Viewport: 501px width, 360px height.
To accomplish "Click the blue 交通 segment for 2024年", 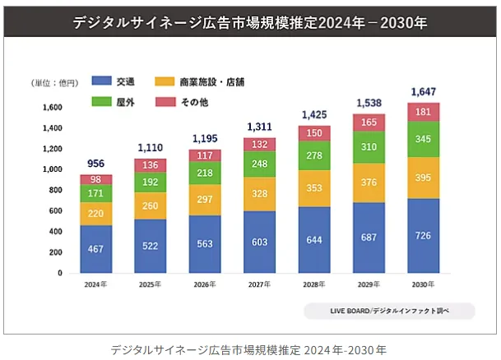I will tap(96, 249).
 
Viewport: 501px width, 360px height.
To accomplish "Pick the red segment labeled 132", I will tap(260, 145).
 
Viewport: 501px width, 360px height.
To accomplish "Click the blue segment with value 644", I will tap(314, 239).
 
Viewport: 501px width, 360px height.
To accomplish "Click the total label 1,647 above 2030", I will tap(424, 90).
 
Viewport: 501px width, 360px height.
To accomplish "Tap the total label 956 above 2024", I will tap(96, 163).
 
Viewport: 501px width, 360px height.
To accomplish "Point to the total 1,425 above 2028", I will tap(314, 113).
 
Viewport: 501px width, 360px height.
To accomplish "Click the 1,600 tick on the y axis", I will tap(53, 108).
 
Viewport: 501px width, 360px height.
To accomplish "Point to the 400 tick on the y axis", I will tap(56, 232).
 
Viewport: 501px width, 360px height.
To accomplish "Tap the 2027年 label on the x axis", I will tap(260, 285).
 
